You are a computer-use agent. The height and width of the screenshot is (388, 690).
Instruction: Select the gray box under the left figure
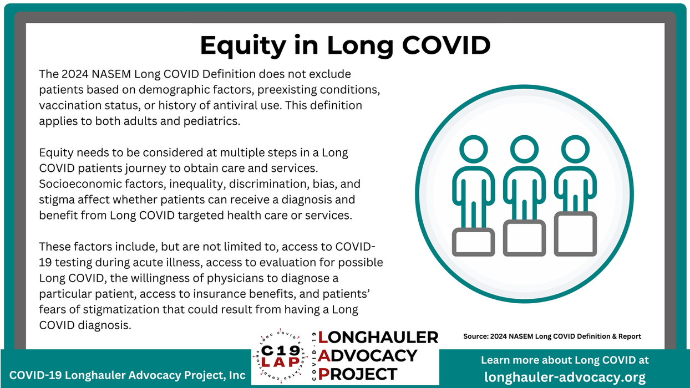[473, 243]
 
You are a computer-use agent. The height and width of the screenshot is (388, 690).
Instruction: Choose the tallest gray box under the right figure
[575, 234]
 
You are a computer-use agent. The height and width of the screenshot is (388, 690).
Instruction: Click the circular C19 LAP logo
[280, 356]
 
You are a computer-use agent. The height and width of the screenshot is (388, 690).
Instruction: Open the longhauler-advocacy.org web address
[565, 377]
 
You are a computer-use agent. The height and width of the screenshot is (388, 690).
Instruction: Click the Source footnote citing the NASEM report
[552, 336]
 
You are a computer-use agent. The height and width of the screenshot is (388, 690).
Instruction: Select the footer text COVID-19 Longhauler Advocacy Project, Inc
[127, 375]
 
